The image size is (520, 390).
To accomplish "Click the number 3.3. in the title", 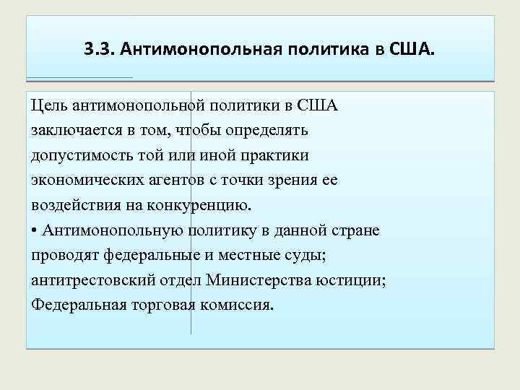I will coord(98,50).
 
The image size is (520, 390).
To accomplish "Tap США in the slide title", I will coord(412,50).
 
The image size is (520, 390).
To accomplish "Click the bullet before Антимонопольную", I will coord(35,230).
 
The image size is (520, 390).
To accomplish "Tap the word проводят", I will coord(66,254).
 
